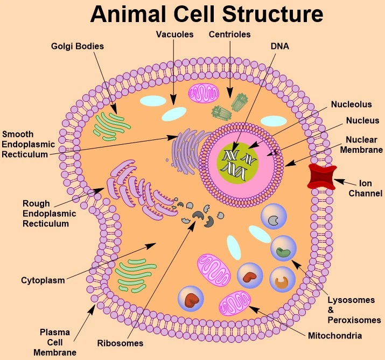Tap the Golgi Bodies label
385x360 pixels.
coord(79,46)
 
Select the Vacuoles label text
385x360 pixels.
coord(174,34)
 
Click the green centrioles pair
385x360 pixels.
coord(227,106)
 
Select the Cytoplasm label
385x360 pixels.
coord(43,280)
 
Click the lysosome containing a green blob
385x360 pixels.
coord(283,249)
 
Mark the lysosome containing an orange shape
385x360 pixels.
coord(282,280)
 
